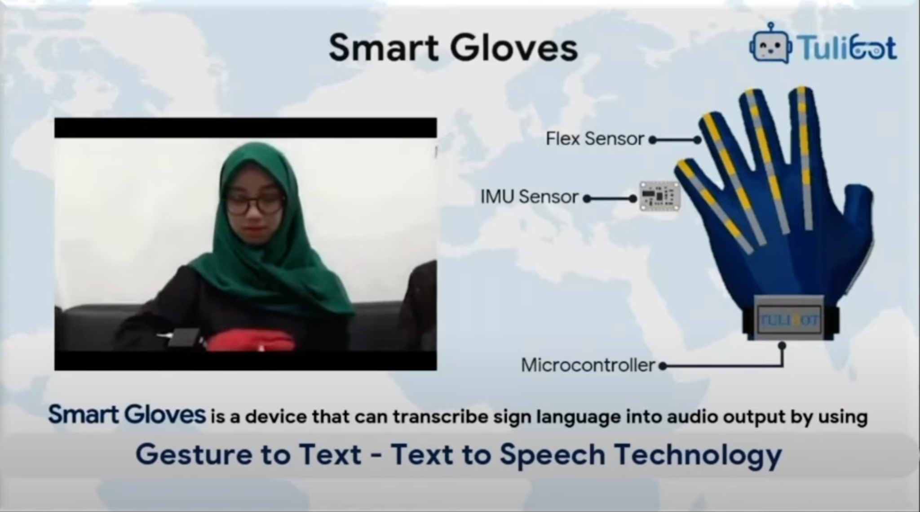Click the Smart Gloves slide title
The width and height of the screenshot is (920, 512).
453,48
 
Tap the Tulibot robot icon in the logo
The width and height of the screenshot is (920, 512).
770,45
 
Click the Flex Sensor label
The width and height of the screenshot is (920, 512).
595,139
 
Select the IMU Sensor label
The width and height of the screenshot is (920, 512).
529,197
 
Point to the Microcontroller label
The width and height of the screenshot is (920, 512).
588,365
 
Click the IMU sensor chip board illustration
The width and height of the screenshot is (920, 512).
659,196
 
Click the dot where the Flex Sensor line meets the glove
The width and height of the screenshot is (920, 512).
697,140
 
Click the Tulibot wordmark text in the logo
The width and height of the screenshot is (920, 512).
847,48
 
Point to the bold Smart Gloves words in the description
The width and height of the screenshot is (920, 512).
127,414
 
